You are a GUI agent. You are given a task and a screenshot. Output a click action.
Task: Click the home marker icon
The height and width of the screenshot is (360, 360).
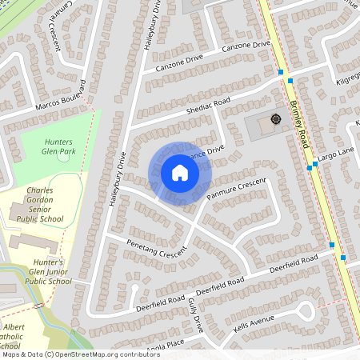[180, 173]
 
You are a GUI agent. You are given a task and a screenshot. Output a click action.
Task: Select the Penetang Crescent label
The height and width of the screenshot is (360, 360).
[155, 250]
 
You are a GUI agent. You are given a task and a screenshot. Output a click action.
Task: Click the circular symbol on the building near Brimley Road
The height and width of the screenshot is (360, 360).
[276, 120]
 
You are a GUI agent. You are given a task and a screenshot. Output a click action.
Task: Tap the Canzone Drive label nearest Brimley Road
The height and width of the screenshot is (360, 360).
[246, 48]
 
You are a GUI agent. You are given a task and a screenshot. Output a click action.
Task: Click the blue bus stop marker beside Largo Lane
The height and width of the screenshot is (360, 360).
[309, 168]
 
